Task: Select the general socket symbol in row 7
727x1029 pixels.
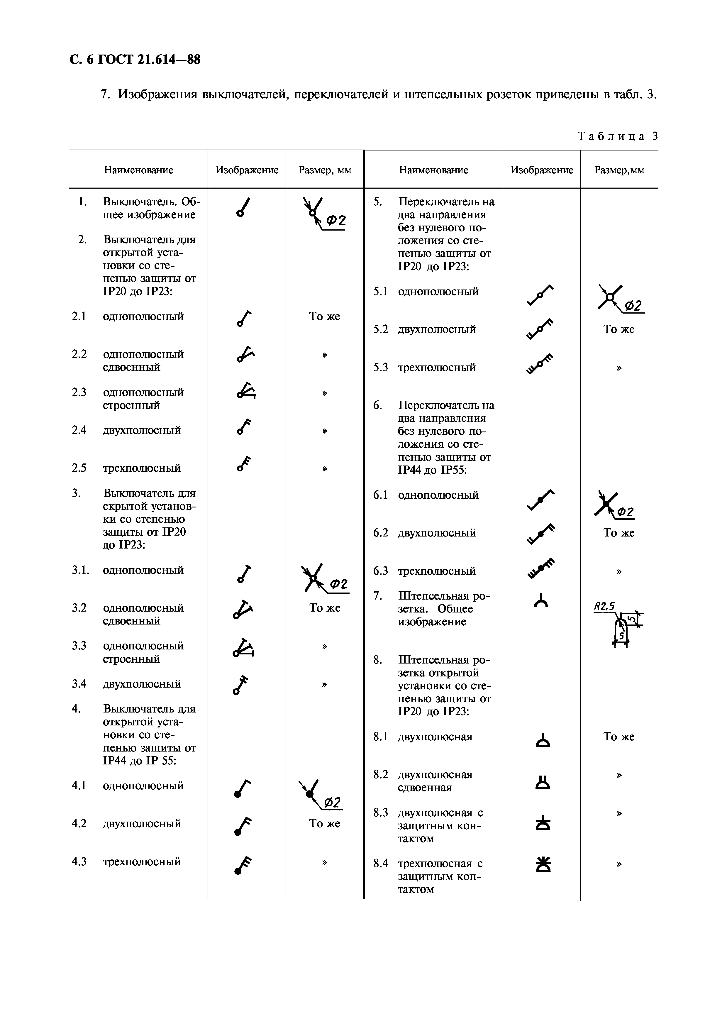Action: (541, 600)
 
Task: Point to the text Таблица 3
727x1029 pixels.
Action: (618, 136)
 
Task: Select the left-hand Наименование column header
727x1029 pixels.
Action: (138, 170)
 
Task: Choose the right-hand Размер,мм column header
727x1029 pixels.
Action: (619, 170)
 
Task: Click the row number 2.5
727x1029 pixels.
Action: (79, 468)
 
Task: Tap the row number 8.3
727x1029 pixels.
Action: (380, 813)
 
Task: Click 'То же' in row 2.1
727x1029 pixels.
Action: (324, 317)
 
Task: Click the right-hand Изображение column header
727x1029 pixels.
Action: (542, 170)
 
